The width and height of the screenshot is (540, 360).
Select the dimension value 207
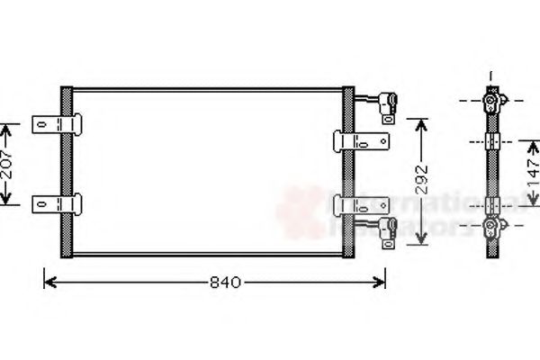[x=8, y=164]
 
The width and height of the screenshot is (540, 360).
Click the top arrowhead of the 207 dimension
[x=8, y=127]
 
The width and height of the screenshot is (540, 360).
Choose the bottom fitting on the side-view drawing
[x=491, y=226]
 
